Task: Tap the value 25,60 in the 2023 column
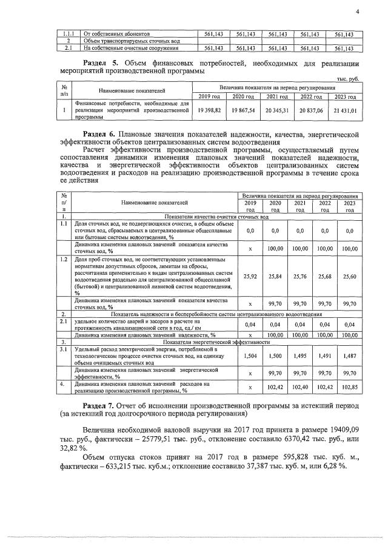point(349,276)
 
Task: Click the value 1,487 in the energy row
point(349,357)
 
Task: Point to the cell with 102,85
point(349,387)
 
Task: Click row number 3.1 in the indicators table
point(64,349)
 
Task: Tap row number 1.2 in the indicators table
point(64,259)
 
